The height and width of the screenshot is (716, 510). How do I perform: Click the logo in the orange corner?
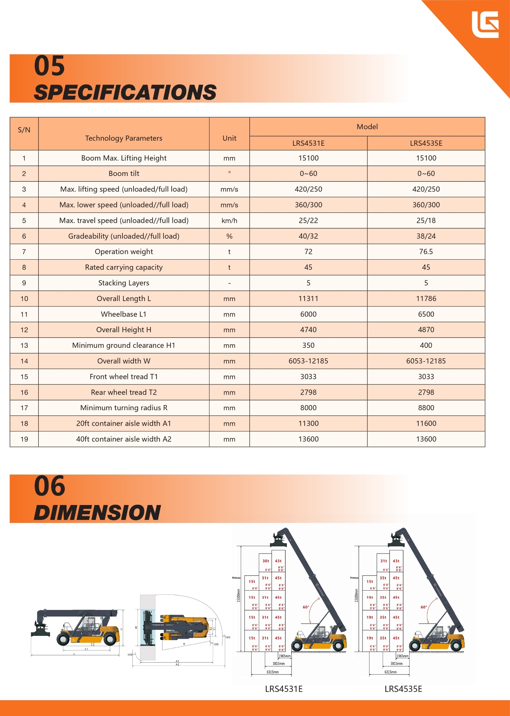click(485, 25)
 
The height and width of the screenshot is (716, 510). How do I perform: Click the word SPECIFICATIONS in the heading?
click(125, 93)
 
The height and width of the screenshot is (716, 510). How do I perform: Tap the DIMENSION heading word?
click(97, 513)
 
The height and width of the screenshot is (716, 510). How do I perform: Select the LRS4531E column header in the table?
click(308, 143)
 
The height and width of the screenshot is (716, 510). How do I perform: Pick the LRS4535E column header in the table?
click(426, 143)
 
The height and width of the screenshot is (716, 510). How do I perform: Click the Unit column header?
click(229, 138)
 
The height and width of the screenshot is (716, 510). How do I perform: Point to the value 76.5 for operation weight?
click(426, 252)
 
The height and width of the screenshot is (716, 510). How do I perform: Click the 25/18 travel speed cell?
click(426, 221)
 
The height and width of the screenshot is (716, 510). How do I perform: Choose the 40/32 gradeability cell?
click(308, 236)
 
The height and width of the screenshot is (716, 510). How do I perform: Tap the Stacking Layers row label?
click(124, 283)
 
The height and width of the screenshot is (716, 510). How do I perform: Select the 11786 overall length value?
click(426, 298)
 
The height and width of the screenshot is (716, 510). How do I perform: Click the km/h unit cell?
click(229, 221)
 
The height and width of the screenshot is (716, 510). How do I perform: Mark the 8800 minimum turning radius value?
click(426, 408)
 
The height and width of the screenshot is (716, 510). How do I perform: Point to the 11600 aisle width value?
click(426, 423)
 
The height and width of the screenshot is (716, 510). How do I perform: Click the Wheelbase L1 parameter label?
click(124, 314)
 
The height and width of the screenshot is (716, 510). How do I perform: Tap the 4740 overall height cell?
click(308, 330)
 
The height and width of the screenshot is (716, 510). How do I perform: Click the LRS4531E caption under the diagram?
click(284, 689)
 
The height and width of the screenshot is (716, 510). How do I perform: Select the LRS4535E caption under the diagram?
click(403, 689)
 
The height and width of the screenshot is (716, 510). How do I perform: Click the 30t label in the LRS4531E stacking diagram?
click(266, 561)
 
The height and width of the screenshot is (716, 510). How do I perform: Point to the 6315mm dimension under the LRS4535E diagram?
click(390, 672)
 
